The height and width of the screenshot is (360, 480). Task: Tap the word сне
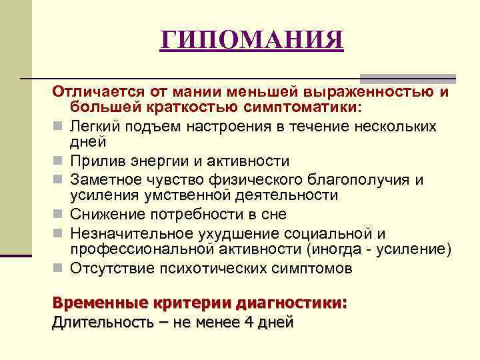point(273,215)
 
